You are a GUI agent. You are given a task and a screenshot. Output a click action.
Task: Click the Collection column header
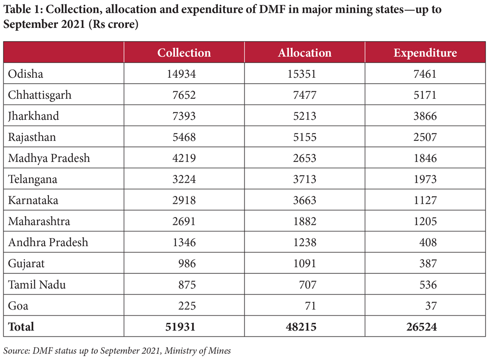184,53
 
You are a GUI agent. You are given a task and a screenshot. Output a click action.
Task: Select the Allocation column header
305,53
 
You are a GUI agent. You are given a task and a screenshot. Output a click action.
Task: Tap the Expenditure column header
425,53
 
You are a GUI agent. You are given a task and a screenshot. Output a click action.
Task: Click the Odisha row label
25,74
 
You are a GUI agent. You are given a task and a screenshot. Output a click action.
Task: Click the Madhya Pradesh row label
49,158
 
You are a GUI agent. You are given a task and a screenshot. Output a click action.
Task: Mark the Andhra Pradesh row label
48,242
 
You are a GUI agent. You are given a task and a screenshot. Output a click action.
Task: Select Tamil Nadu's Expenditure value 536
427,284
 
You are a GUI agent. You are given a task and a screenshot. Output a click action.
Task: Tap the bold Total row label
21,326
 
